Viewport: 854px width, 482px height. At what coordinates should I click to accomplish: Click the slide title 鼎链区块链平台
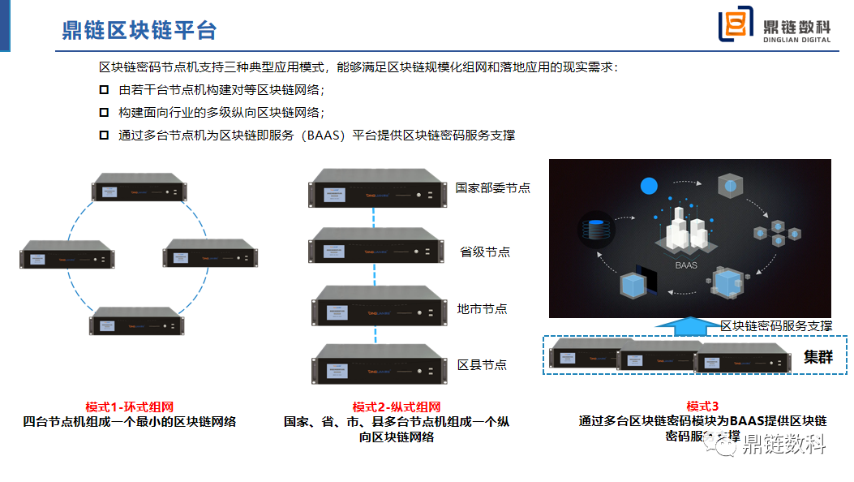click(x=139, y=30)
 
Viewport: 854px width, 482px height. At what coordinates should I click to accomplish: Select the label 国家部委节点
click(x=492, y=187)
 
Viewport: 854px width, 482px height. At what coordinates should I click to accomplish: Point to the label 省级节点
click(x=485, y=252)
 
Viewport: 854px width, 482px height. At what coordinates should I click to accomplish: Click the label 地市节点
click(x=482, y=308)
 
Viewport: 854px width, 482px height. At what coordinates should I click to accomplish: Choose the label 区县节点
click(x=482, y=364)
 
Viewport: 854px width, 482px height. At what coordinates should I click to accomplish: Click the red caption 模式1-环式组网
click(x=130, y=407)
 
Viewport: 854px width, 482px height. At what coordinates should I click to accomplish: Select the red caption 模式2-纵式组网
click(x=397, y=407)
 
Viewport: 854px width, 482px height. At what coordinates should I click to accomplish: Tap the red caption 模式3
click(x=702, y=407)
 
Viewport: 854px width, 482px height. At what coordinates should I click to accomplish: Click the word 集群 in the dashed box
click(x=818, y=356)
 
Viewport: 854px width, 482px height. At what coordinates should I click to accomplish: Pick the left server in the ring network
click(x=67, y=255)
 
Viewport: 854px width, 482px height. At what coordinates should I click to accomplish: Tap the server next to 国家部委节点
click(x=377, y=189)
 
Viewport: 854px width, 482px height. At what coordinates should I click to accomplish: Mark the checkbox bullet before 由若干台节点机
click(x=104, y=89)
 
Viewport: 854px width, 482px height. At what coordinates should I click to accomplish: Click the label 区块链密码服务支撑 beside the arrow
click(x=776, y=325)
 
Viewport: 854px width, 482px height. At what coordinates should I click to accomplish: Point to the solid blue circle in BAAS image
click(x=648, y=186)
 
